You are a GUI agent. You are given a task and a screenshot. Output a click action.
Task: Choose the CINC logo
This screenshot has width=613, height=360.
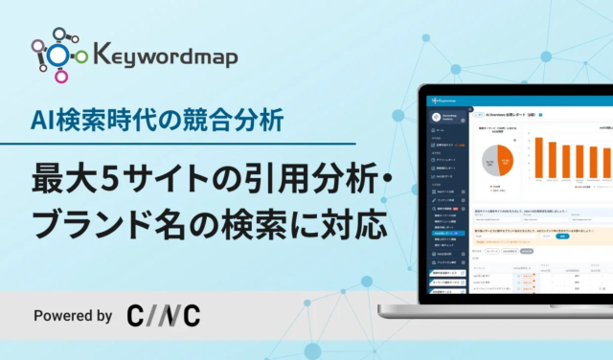coord(163,315)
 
